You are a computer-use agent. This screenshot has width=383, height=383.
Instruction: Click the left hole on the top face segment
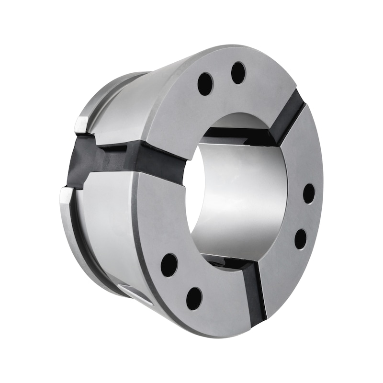[205, 84]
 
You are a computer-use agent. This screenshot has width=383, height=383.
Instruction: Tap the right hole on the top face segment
[238, 73]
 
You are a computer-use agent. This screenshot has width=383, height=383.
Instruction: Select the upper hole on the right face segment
[309, 193]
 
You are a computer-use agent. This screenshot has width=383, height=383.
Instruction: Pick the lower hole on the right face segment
[301, 239]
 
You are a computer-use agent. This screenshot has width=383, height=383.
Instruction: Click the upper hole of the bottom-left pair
[169, 265]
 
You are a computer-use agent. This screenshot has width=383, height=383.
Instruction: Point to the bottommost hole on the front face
[194, 298]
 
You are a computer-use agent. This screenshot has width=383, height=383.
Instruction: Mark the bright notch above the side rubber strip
[81, 124]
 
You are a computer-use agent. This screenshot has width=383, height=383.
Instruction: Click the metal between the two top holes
[222, 78]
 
